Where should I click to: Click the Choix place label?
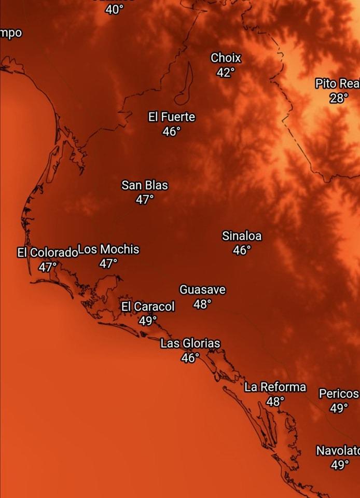click(x=226, y=58)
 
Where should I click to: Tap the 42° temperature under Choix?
click(x=226, y=73)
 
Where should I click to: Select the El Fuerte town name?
click(x=172, y=117)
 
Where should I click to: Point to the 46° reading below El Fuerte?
click(x=171, y=132)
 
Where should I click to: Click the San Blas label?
click(x=145, y=185)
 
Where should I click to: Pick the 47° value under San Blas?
click(x=145, y=199)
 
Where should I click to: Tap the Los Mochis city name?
click(x=108, y=250)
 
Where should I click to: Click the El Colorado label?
click(x=47, y=253)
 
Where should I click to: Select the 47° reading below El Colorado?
click(x=47, y=267)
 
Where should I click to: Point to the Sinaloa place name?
click(x=242, y=236)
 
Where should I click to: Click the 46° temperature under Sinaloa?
click(x=242, y=251)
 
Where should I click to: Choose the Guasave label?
click(x=202, y=289)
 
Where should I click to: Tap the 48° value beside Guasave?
click(x=202, y=305)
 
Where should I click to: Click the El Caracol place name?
click(x=148, y=307)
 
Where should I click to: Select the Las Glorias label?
click(x=190, y=343)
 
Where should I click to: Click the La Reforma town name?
click(x=275, y=387)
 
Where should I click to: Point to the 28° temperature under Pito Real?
click(x=339, y=98)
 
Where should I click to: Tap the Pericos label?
click(x=339, y=394)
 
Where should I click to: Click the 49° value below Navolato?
click(x=339, y=465)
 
